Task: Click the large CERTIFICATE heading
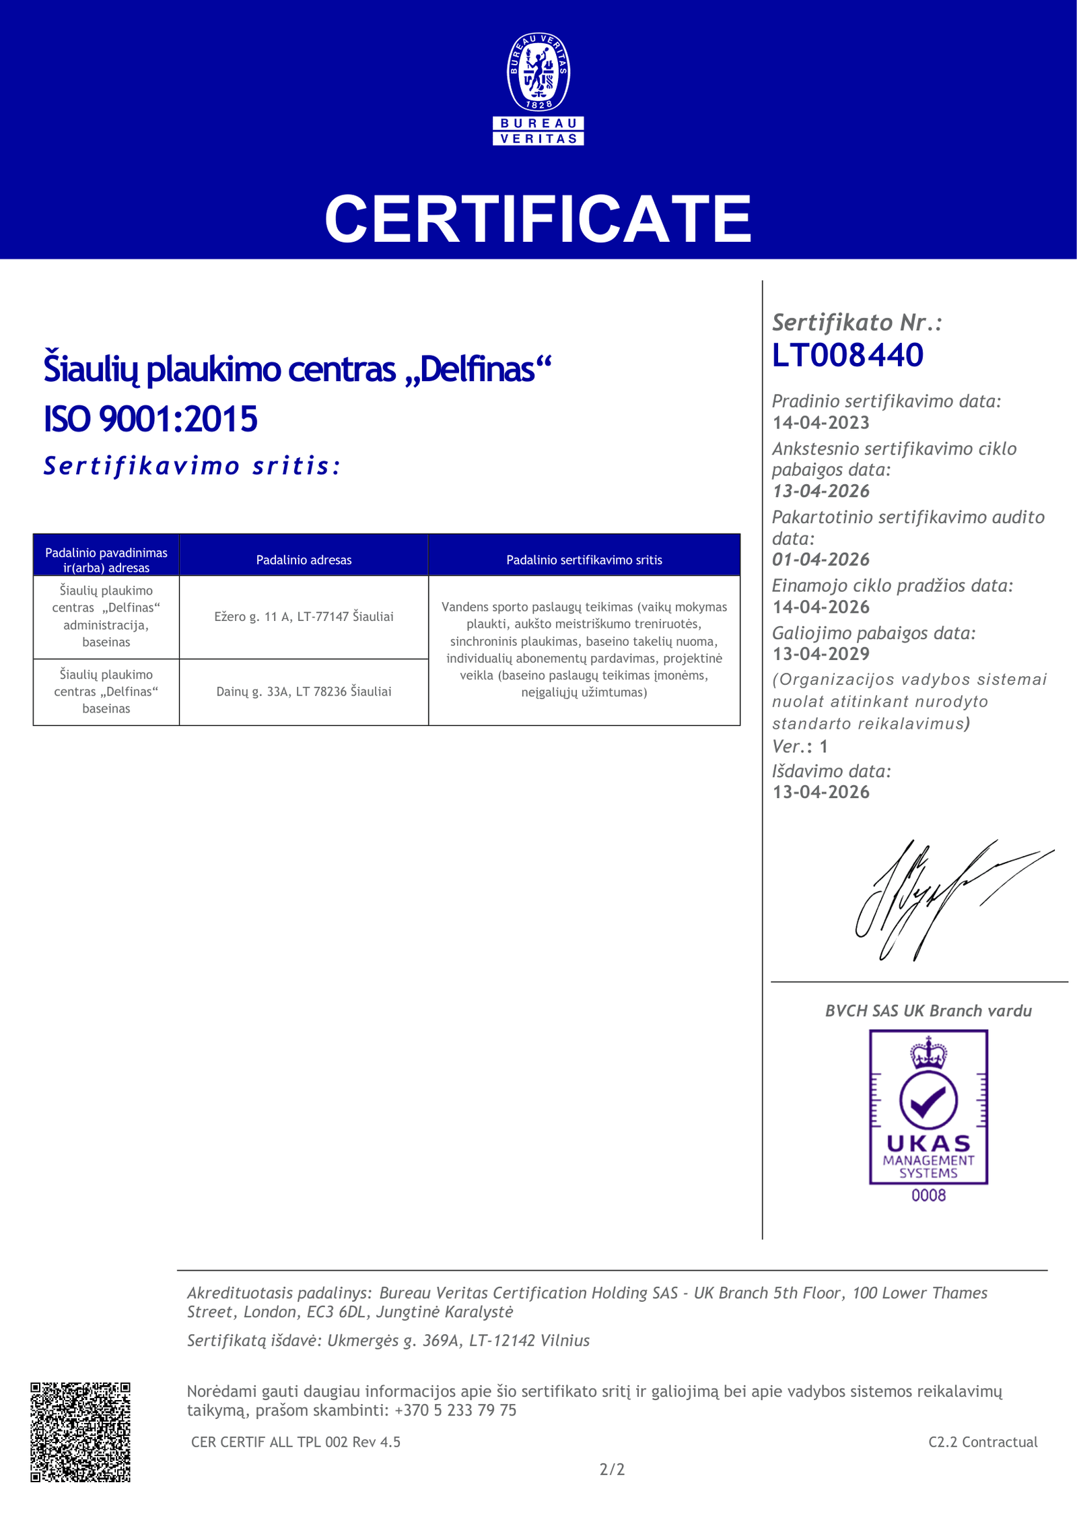pyautogui.click(x=538, y=219)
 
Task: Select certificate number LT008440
pyautogui.click(x=847, y=355)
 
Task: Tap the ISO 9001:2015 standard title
pyautogui.click(x=151, y=419)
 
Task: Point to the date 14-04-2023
pyautogui.click(x=821, y=423)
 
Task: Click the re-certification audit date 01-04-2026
pyautogui.click(x=821, y=560)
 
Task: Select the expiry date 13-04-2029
pyautogui.click(x=821, y=654)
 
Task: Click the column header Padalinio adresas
pyautogui.click(x=304, y=560)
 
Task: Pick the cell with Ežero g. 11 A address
pyautogui.click(x=304, y=616)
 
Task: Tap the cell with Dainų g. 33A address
pyautogui.click(x=304, y=692)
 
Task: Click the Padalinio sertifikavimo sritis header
pyautogui.click(x=584, y=560)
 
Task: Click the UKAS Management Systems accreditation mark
pyautogui.click(x=928, y=1108)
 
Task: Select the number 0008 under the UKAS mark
pyautogui.click(x=928, y=1195)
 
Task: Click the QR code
pyautogui.click(x=80, y=1432)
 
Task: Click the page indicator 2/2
pyautogui.click(x=612, y=1469)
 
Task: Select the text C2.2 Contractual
pyautogui.click(x=983, y=1442)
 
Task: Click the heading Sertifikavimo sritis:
pyautogui.click(x=192, y=466)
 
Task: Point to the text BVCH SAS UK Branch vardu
pyautogui.click(x=928, y=1011)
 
